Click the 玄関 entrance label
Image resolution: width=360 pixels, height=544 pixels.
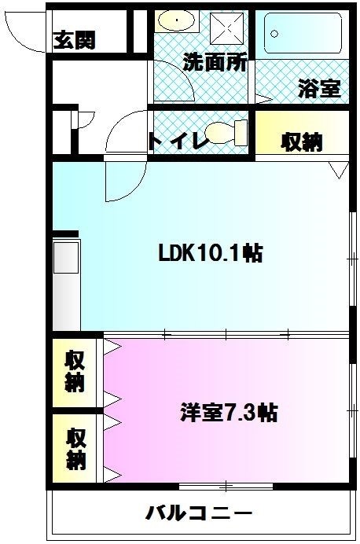75,40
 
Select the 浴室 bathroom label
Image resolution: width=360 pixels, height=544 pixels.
319,88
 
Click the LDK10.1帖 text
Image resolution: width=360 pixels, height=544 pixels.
210,253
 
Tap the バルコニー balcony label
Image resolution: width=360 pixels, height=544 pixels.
199,513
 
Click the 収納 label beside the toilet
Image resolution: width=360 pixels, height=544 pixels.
303,142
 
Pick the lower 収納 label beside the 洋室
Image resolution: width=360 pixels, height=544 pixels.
76,447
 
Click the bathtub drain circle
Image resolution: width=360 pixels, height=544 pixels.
274,34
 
